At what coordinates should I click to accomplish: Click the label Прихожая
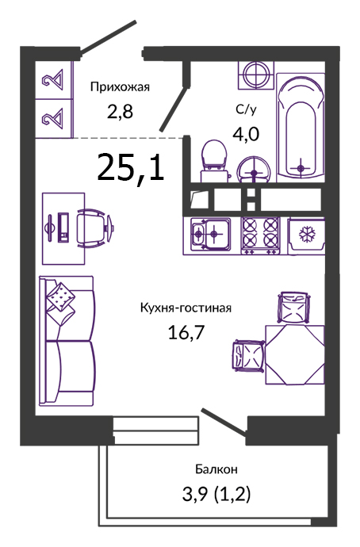coord(120,87)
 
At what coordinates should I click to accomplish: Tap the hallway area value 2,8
coord(120,112)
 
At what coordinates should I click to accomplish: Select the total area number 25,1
coord(131,168)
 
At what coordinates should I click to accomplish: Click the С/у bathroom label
coord(246,109)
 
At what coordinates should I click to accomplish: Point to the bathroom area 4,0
coord(246,134)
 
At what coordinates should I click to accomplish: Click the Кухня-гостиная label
coord(186,308)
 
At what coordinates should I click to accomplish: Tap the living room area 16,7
coord(186,332)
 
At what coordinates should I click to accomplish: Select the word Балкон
coord(216,469)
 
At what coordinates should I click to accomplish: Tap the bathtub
coord(301,128)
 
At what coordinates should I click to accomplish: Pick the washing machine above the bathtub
coord(256,75)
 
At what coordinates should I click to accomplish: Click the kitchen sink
coord(211,234)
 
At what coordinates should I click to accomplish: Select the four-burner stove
coord(261,235)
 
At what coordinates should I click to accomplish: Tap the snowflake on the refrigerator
coord(307,235)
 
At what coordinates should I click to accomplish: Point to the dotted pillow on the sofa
coord(60,296)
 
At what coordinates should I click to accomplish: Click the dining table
coord(295,355)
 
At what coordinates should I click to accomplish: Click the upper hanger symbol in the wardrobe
coord(54,79)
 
